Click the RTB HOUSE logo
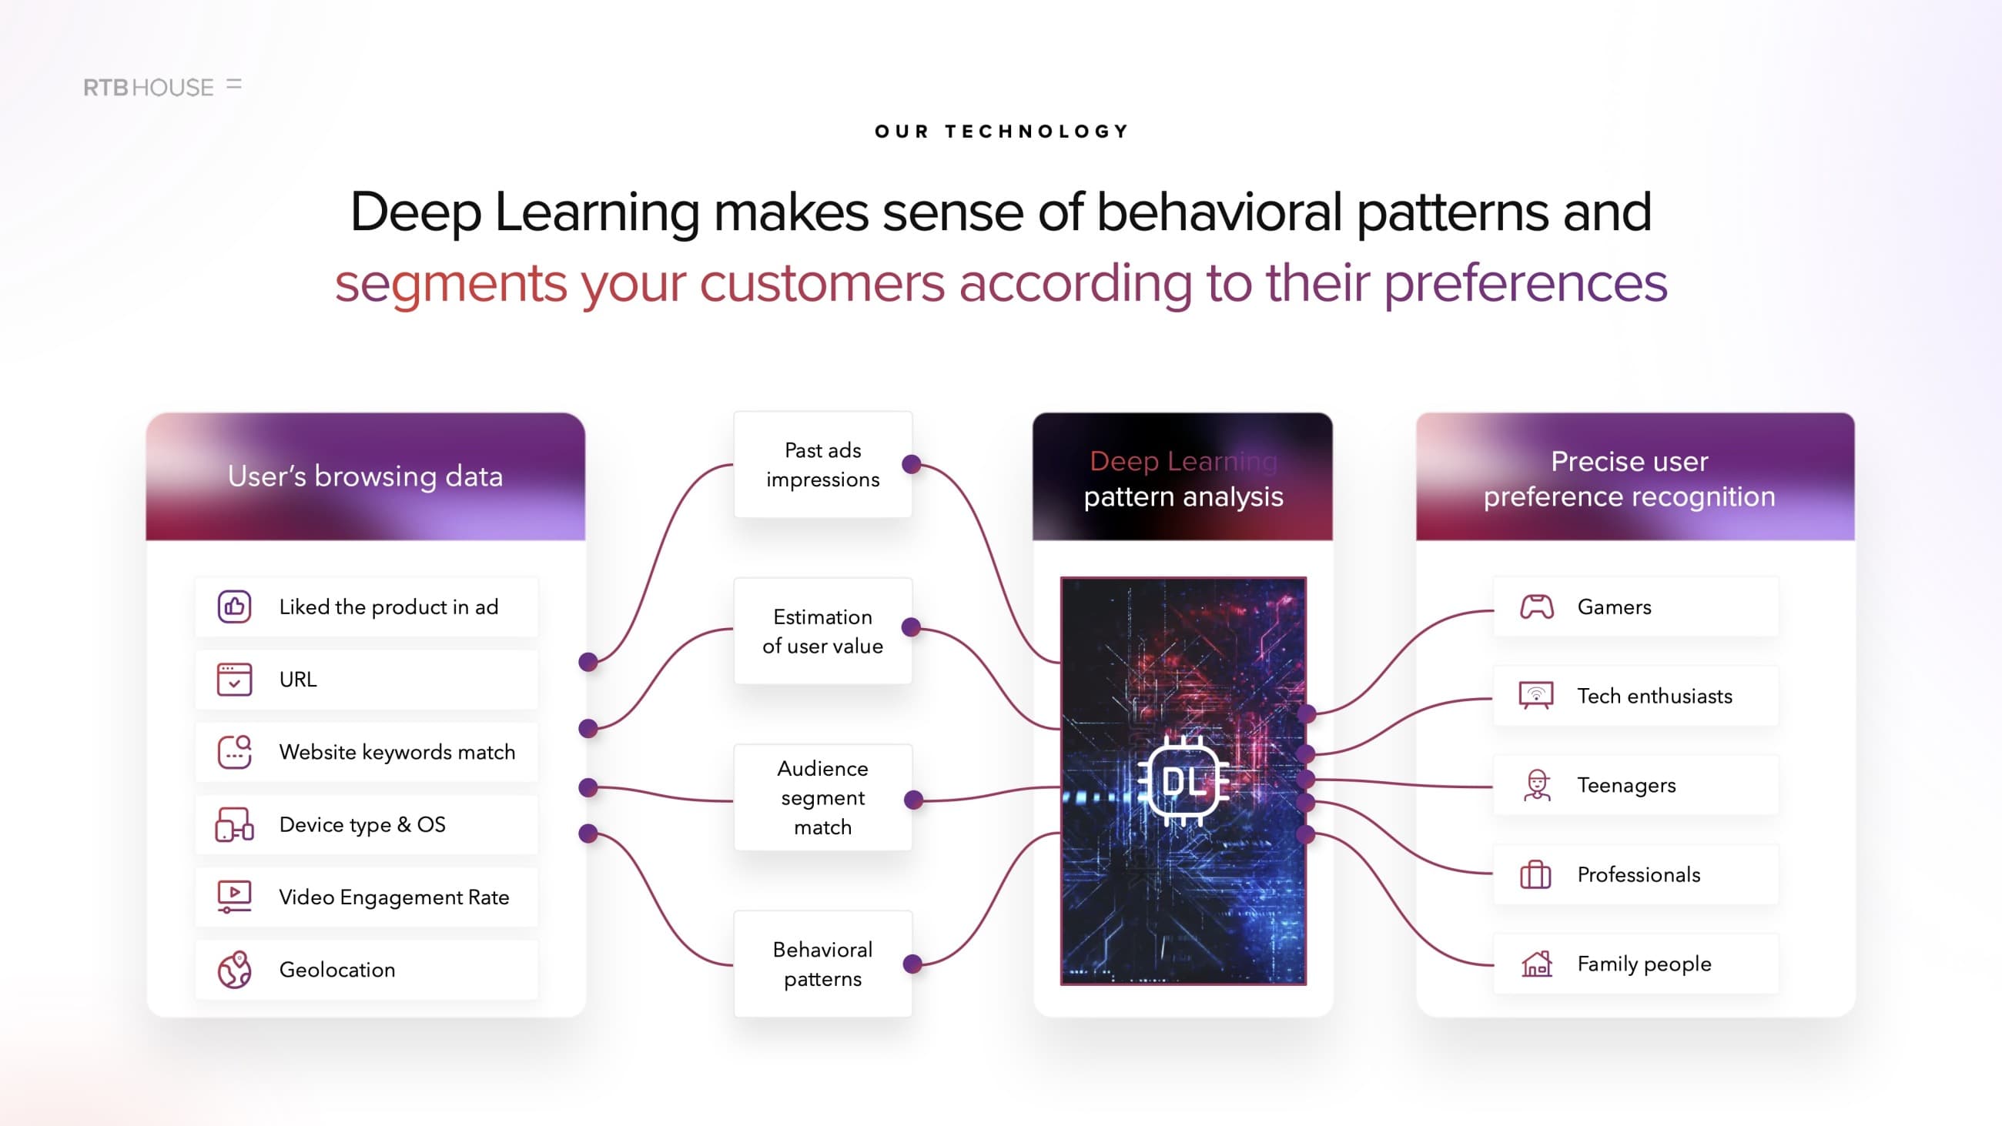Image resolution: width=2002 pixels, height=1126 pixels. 162,86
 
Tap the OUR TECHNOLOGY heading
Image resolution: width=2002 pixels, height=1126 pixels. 1002,132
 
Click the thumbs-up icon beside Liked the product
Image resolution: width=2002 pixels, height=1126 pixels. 234,607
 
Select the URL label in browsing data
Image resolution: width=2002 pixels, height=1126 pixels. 298,679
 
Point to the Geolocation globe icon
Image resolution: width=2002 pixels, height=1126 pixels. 234,969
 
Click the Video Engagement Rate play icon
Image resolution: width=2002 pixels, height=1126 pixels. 234,897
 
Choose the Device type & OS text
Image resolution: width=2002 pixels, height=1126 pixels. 362,824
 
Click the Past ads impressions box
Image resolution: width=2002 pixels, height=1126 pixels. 823,465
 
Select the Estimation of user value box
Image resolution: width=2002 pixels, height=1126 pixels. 823,631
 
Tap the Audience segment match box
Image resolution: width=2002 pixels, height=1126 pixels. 823,797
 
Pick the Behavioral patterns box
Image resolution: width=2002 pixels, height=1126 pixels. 823,964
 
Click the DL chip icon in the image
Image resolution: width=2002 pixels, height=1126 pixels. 1183,781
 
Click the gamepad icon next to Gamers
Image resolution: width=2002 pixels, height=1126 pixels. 1536,607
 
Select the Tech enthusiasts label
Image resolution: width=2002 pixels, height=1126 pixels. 1655,697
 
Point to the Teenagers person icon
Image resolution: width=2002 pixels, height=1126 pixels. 1536,785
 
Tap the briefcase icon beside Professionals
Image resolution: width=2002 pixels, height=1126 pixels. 1535,874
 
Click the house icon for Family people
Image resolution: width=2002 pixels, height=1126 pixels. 1536,964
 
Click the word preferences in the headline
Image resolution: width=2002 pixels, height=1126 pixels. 1525,284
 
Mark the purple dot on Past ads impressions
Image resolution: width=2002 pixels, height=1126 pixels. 912,465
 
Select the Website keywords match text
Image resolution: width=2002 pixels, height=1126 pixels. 397,752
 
